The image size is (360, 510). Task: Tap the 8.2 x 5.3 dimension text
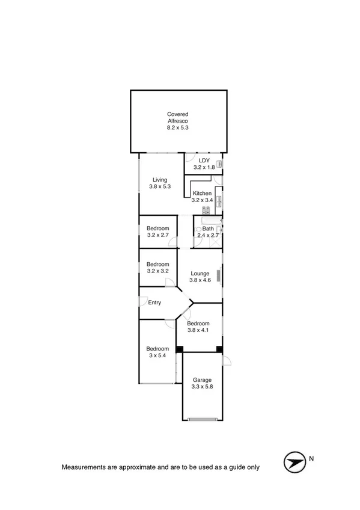(178, 127)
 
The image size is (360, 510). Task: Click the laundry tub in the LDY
(220, 164)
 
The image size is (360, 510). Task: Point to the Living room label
(159, 180)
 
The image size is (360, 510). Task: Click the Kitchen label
(202, 193)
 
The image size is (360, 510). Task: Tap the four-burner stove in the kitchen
(206, 210)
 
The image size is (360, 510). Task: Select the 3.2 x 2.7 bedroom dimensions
(158, 235)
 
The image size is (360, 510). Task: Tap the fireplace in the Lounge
(219, 276)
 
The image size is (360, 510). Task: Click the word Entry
(154, 303)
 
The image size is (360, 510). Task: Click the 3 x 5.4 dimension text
(157, 355)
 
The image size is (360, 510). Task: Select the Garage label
(201, 379)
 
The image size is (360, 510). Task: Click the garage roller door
(203, 419)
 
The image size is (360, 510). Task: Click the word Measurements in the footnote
(81, 467)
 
